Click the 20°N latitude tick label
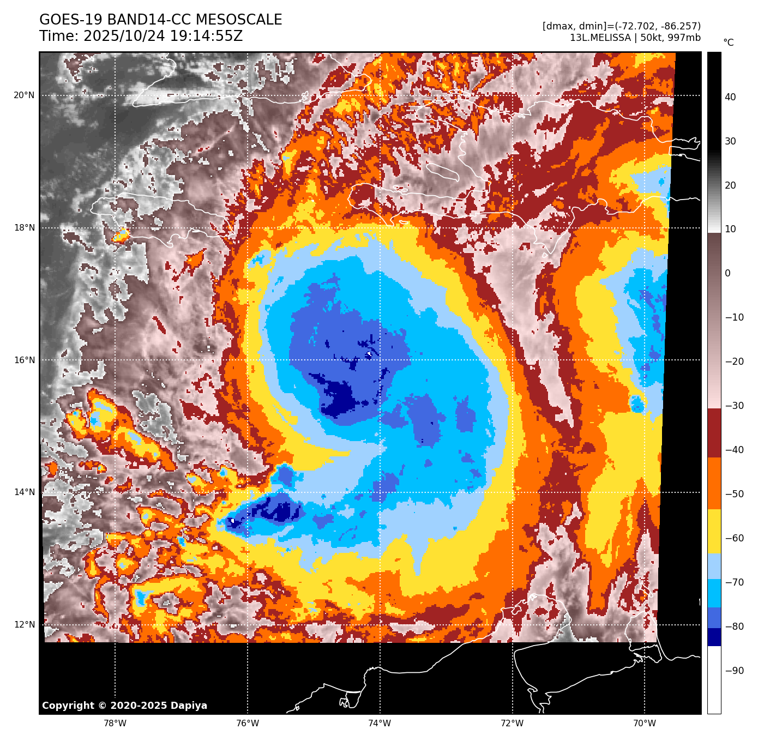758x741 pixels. (24, 95)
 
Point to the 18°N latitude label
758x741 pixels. (24, 228)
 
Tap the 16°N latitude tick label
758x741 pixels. (24, 360)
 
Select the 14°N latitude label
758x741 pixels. (24, 492)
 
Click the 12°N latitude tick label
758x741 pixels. (24, 625)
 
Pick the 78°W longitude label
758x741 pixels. (115, 724)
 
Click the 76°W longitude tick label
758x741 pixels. (248, 724)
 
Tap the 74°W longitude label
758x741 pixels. (380, 724)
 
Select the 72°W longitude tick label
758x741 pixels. (512, 724)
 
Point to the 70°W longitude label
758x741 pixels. (645, 724)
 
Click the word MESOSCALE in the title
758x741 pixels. (238, 20)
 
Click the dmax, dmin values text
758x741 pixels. (621, 26)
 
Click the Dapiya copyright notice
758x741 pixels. (124, 706)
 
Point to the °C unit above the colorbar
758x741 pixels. (728, 43)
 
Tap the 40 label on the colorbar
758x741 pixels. (730, 97)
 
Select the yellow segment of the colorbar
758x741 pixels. (714, 532)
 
